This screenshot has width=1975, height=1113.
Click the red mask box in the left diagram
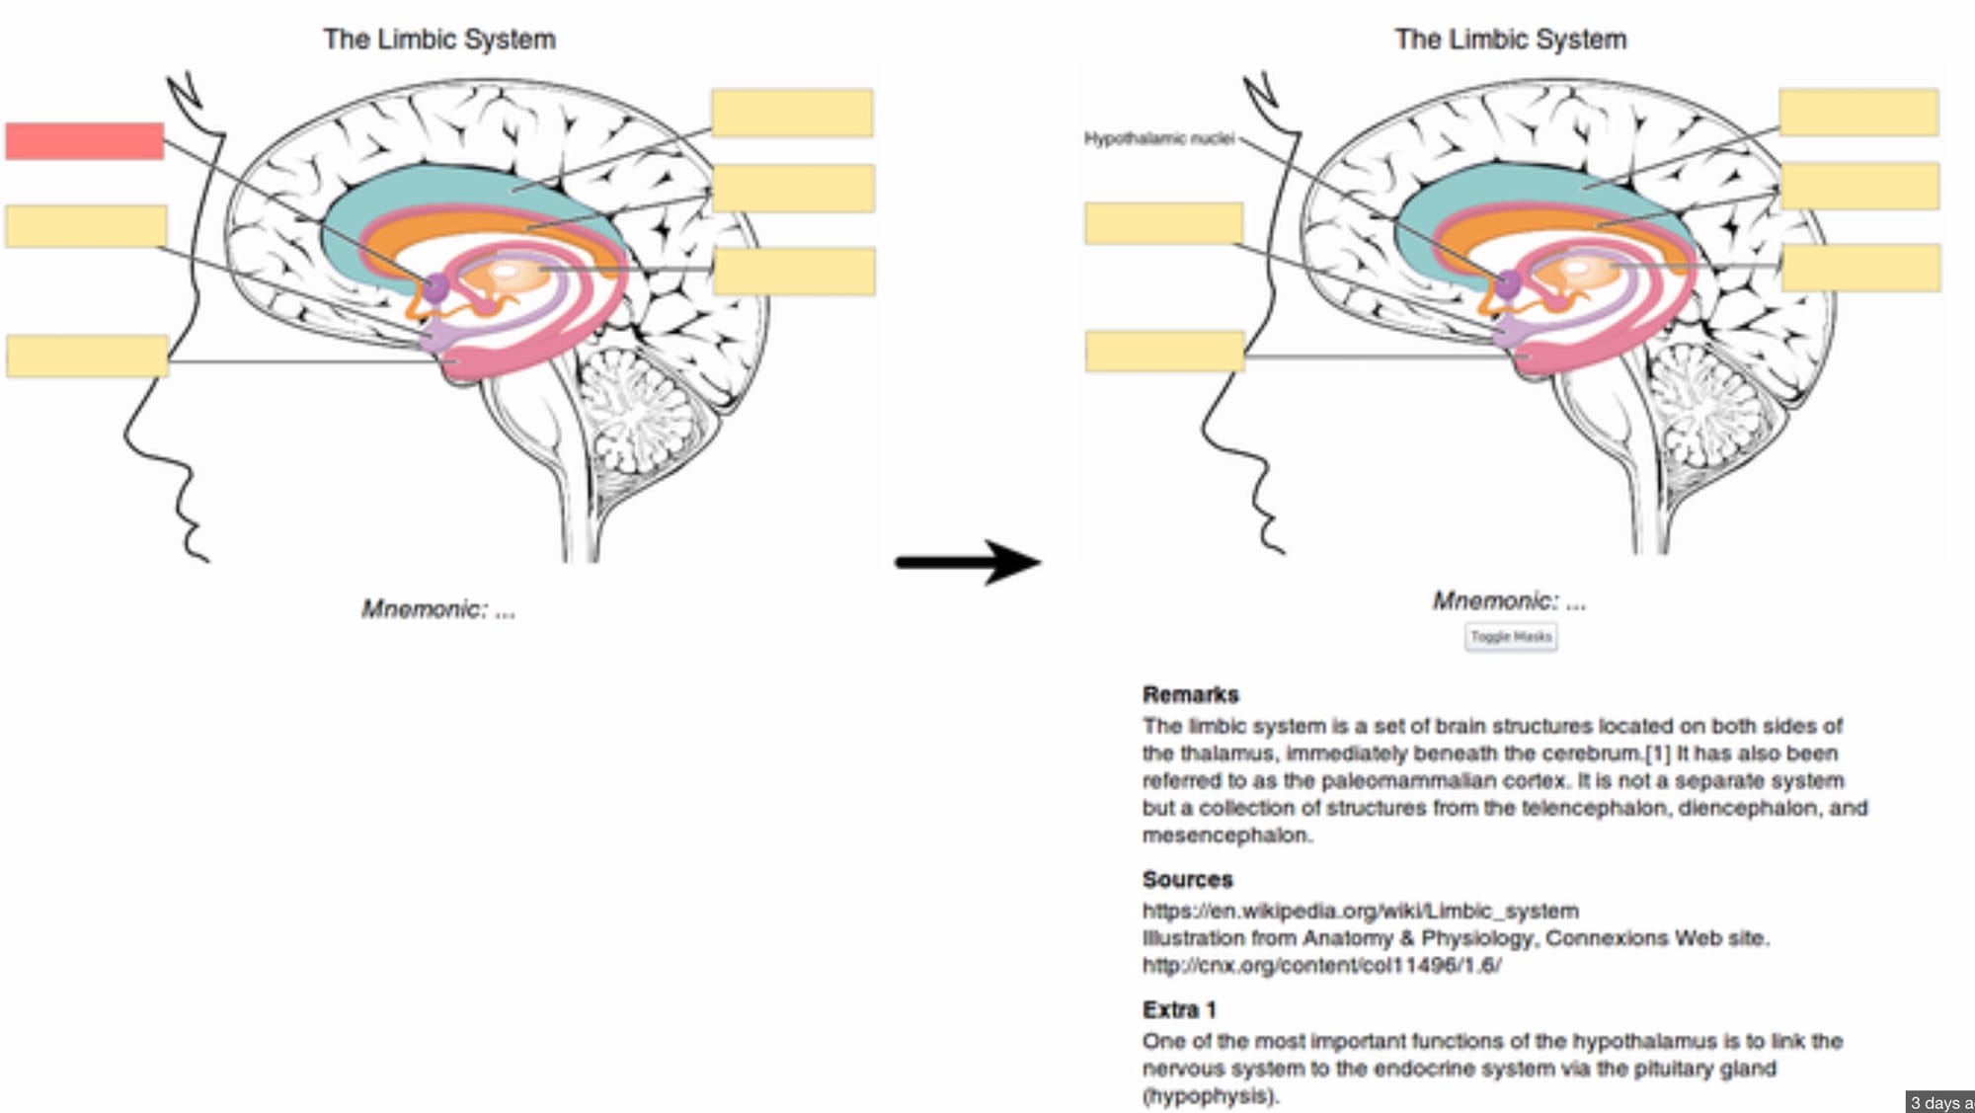(85, 141)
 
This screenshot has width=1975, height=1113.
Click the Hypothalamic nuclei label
(1159, 139)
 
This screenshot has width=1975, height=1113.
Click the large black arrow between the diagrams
(968, 562)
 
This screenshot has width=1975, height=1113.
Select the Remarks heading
(1190, 694)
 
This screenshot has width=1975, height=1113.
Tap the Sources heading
(1187, 879)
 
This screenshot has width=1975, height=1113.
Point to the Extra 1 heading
(1179, 1009)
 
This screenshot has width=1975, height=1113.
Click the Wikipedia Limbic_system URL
(1360, 911)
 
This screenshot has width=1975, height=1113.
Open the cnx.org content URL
(1321, 965)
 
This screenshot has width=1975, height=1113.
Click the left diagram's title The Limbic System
(439, 40)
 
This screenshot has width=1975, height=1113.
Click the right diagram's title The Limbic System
(1510, 40)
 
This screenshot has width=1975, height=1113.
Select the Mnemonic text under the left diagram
(438, 609)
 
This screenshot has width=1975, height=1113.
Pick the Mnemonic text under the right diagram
(1509, 601)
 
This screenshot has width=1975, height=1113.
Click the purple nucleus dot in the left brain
(436, 288)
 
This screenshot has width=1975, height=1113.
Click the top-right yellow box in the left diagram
(792, 114)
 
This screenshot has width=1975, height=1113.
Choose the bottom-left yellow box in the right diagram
(1164, 352)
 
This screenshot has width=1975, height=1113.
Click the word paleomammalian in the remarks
(1408, 781)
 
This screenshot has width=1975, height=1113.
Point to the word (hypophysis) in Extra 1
(1210, 1096)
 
